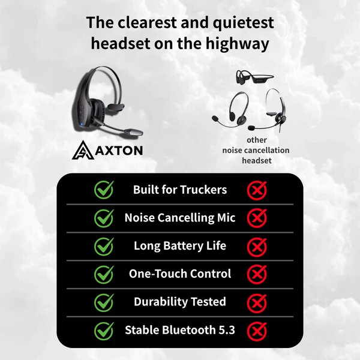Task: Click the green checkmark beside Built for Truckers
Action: pos(104,190)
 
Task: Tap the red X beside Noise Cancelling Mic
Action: pos(257,218)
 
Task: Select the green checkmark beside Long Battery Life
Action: pos(104,246)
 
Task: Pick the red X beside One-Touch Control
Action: pos(257,274)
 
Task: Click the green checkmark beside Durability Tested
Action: pos(104,302)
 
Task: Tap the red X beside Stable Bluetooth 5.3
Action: pos(257,329)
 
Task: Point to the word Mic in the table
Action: pos(225,218)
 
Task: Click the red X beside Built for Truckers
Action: pos(257,190)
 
